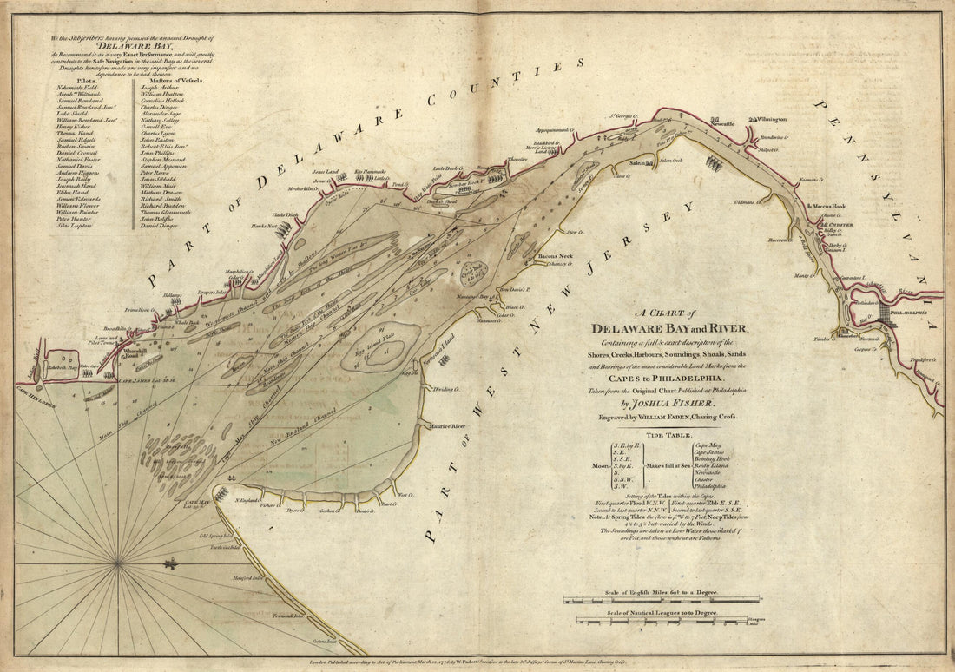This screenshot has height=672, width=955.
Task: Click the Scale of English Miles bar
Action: [662, 599]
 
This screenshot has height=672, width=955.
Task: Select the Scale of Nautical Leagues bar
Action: [662, 620]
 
